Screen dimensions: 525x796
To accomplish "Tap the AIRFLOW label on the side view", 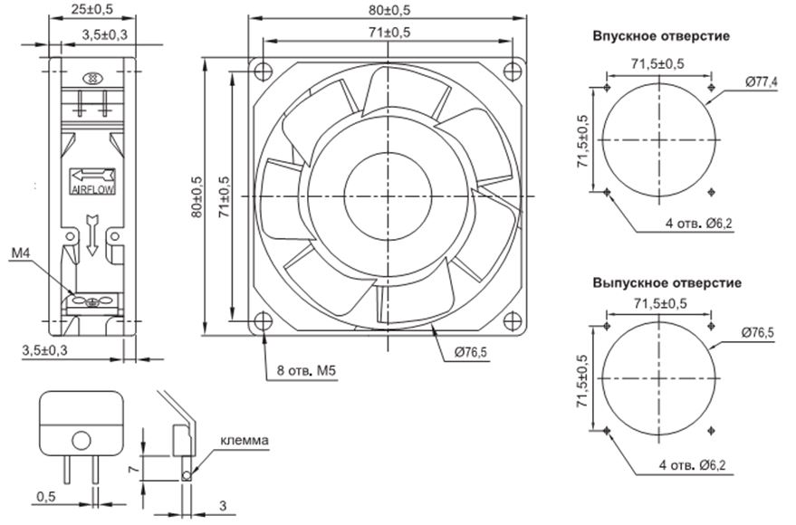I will (91, 189).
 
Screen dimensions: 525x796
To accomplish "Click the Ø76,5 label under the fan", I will (466, 351).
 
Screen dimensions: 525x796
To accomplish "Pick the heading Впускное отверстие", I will (661, 36).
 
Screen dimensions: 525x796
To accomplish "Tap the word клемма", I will (244, 441).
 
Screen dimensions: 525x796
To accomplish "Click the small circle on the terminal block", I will (81, 441).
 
